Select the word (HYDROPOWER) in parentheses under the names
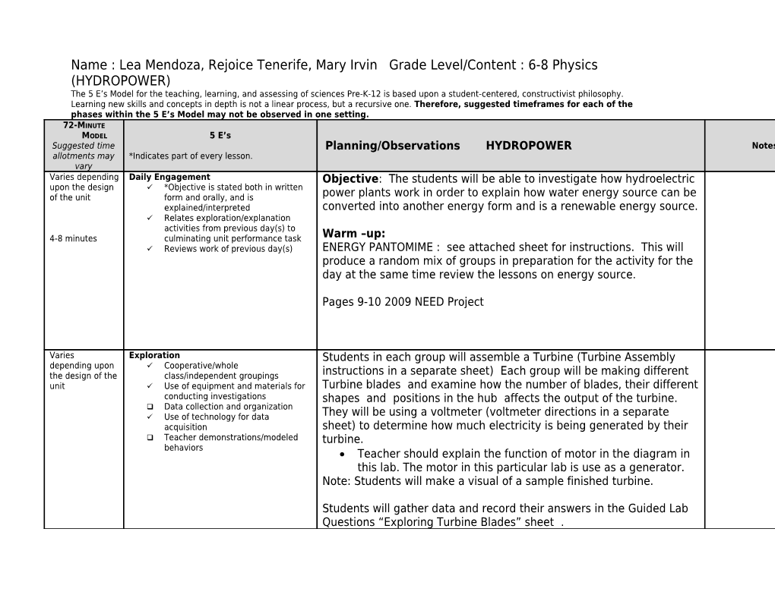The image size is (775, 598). point(121,80)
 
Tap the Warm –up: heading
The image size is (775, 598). point(353,234)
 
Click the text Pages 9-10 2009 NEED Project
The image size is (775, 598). point(403,302)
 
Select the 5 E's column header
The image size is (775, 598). point(220,136)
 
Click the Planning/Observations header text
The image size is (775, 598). point(392,146)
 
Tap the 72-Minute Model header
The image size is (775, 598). point(84,130)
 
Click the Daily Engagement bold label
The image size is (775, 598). point(169,178)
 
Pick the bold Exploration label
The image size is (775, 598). point(154,355)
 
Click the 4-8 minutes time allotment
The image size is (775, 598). point(73,239)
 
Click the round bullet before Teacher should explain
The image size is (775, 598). point(344,454)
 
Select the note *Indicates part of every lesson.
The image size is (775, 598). point(191,156)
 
